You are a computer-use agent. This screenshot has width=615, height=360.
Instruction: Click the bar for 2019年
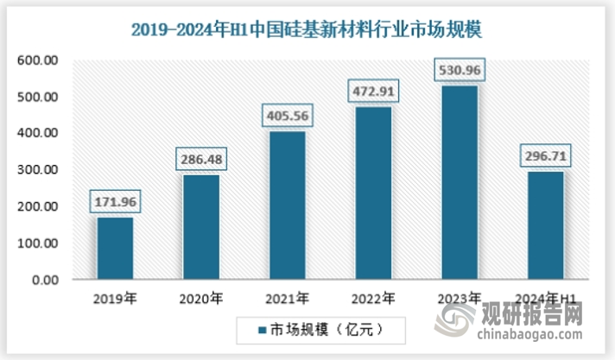[x=115, y=249]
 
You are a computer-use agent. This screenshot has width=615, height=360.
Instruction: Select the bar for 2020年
[x=201, y=228]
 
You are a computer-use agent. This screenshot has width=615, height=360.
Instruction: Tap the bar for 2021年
[x=288, y=205]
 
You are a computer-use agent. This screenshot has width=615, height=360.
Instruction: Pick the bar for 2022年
[x=373, y=193]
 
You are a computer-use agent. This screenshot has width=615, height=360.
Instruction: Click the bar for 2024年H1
[x=546, y=225]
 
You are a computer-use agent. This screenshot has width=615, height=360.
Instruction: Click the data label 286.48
[x=201, y=160]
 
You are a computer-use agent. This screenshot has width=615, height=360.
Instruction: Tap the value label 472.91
[x=373, y=91]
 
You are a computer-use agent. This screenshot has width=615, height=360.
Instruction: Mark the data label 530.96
[x=460, y=69]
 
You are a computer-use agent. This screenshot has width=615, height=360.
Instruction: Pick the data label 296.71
[x=546, y=157]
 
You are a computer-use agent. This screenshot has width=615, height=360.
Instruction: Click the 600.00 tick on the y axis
[x=36, y=60]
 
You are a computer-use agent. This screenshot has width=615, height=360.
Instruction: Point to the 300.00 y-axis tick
[x=36, y=170]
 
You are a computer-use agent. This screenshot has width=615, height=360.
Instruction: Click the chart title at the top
[x=307, y=29]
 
